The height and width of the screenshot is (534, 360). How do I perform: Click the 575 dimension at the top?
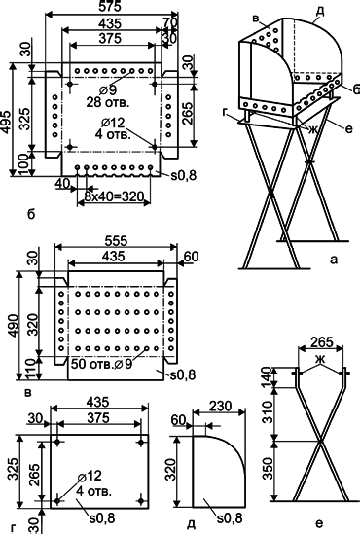point(111,6)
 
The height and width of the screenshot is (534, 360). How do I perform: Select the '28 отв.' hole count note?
point(108,102)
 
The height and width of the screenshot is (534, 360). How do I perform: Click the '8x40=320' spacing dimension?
point(110,196)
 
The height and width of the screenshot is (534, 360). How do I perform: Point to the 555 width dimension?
point(116,241)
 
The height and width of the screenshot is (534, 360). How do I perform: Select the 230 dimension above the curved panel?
point(220,406)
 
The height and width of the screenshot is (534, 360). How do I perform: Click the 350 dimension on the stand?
point(269,469)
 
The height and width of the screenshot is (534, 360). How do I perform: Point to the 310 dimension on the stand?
point(269,411)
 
